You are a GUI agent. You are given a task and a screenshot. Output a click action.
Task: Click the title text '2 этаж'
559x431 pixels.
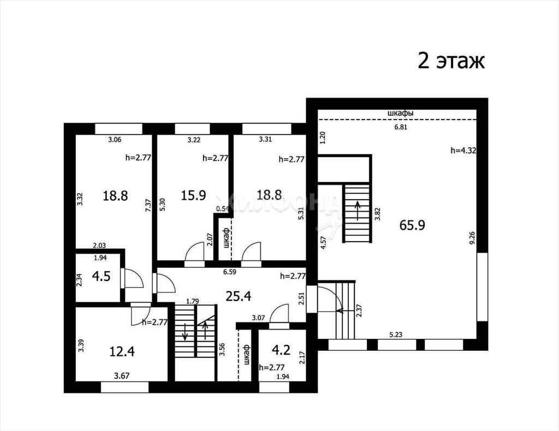click(x=451, y=61)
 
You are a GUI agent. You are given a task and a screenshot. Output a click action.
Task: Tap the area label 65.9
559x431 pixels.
click(x=412, y=225)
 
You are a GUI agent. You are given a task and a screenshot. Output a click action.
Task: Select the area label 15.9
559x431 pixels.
click(x=193, y=195)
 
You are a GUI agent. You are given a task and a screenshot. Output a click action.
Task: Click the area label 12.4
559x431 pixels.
click(x=122, y=351)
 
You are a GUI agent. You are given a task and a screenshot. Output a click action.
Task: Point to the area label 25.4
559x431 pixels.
click(x=239, y=296)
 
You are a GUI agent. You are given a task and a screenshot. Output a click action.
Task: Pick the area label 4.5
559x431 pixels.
click(x=101, y=276)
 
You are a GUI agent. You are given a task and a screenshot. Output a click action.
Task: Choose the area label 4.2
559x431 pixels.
click(x=281, y=350)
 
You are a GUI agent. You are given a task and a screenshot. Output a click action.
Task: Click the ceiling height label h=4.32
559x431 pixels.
click(x=463, y=151)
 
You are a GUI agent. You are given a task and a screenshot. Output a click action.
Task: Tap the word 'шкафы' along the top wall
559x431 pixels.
click(x=400, y=113)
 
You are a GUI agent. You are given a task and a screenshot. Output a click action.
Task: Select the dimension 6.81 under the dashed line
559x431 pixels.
click(x=401, y=127)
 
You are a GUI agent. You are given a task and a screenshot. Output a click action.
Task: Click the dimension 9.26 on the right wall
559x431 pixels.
click(x=472, y=237)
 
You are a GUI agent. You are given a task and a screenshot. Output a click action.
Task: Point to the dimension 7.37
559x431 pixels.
click(x=148, y=206)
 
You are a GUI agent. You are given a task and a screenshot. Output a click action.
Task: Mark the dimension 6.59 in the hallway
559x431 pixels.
click(x=230, y=272)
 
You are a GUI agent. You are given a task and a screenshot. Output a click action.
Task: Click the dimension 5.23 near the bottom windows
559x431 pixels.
click(x=396, y=334)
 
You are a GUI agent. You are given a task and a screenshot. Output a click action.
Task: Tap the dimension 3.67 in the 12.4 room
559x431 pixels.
click(x=122, y=375)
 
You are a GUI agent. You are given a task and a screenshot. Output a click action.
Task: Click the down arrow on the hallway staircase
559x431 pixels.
click(x=185, y=332)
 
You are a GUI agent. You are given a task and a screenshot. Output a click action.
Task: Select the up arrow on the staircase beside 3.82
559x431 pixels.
click(x=357, y=211)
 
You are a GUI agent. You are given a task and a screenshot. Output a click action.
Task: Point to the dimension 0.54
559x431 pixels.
click(x=223, y=209)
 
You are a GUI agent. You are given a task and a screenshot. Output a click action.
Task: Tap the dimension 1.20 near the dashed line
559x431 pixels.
click(x=323, y=137)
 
